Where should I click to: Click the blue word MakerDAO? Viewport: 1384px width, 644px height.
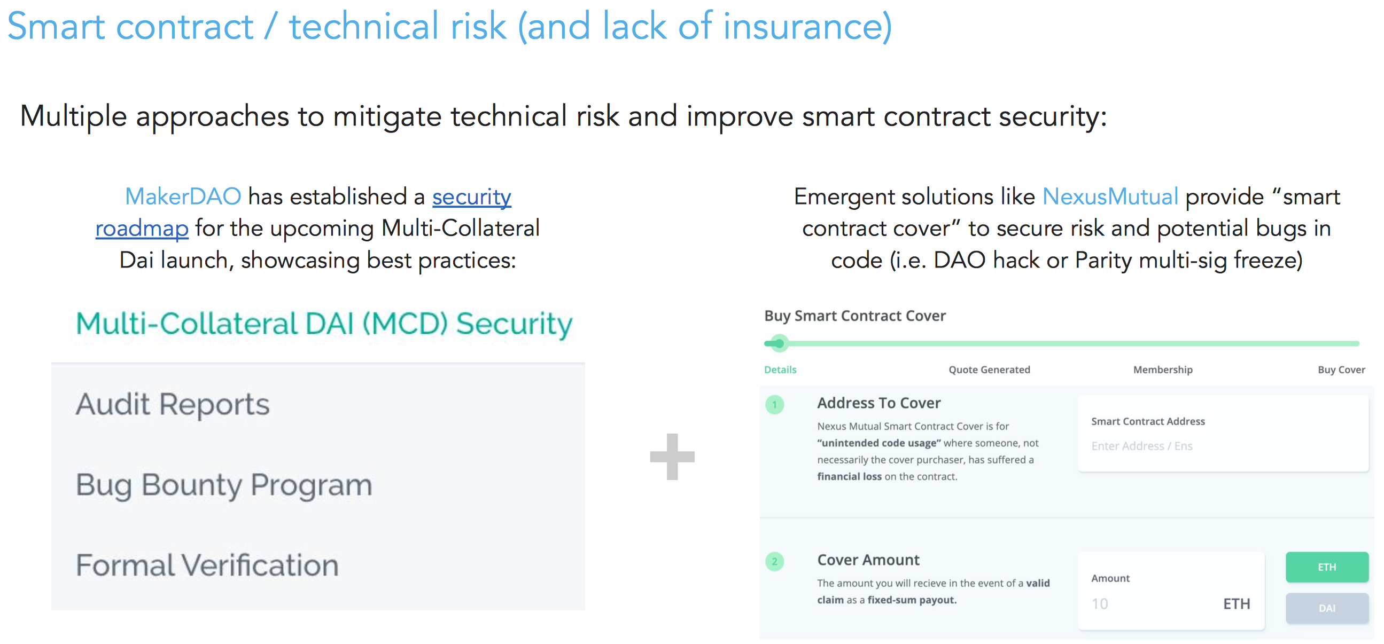click(183, 197)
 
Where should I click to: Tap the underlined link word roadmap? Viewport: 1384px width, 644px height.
click(142, 229)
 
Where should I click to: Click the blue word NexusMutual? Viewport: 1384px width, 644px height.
click(1110, 197)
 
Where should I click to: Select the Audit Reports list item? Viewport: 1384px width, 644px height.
click(173, 404)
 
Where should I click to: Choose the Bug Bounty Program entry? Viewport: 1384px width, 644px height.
click(224, 485)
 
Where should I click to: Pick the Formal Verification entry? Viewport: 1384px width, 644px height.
click(207, 565)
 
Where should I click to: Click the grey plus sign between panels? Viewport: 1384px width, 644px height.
click(672, 457)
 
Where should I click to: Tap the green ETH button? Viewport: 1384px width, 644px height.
click(1326, 567)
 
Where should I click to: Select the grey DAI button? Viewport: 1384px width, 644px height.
click(1326, 608)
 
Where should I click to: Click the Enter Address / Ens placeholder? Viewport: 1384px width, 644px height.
click(1142, 446)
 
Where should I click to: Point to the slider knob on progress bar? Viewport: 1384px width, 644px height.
click(779, 343)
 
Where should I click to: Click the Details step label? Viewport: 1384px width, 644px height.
click(780, 370)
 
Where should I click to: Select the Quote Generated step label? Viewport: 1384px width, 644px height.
click(989, 370)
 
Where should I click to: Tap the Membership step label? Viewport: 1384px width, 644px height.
click(1163, 370)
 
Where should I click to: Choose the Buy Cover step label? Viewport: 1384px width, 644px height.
click(1341, 370)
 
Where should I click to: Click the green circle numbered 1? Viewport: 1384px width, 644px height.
click(774, 404)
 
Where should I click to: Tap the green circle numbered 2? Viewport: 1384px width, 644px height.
click(774, 562)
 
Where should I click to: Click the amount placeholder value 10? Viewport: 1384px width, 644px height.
click(1099, 604)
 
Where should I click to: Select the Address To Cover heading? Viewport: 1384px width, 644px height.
click(878, 403)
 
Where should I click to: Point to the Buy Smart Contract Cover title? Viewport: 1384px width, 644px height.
click(855, 316)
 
